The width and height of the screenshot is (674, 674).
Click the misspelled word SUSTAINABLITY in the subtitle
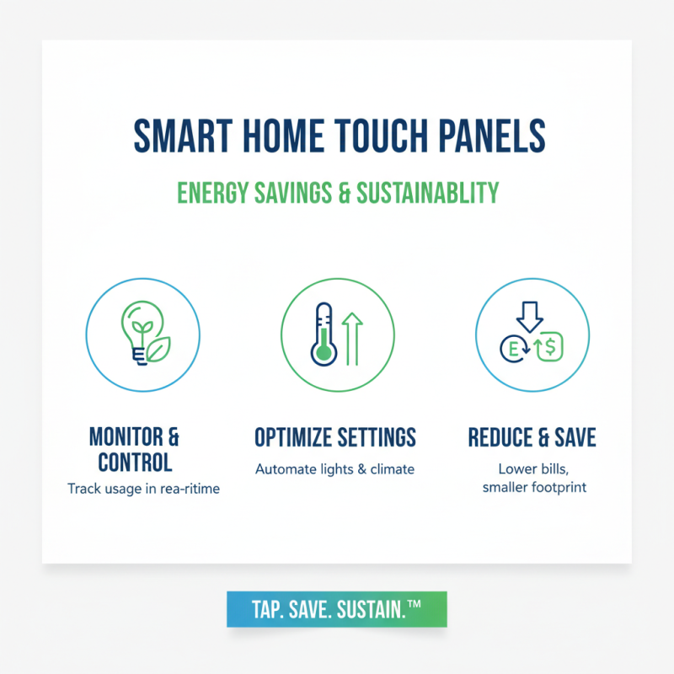coord(427,192)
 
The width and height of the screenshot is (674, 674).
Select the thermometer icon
coord(323,334)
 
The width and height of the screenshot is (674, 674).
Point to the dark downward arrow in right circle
coord(530,318)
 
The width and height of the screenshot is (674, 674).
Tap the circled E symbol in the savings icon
coord(511,348)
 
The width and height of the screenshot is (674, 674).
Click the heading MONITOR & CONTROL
coord(135,449)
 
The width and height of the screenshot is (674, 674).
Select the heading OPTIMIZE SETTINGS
coord(335,437)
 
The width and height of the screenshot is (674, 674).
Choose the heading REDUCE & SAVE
coord(532,437)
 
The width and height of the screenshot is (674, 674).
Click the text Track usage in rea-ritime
coord(143,489)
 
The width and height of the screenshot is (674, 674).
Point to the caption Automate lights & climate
coord(335,468)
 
